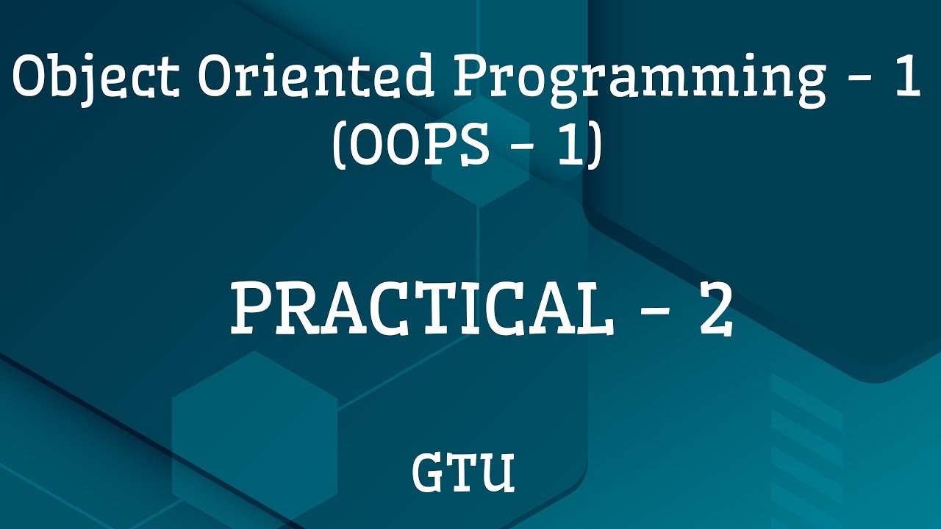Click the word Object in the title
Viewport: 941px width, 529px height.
[93, 78]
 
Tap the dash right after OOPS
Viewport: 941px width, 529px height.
[521, 151]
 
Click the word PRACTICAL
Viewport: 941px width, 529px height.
[420, 310]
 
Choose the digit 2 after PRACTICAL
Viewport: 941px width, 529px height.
[715, 310]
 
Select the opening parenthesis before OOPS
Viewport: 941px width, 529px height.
[340, 147]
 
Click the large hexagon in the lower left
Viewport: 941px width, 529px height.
[254, 433]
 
